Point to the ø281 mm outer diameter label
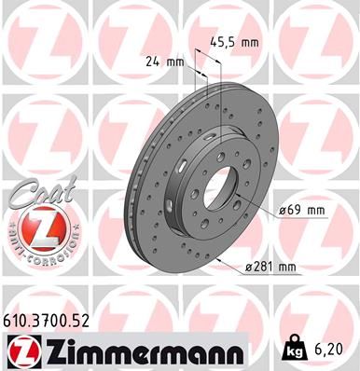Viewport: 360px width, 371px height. pos(270,267)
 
